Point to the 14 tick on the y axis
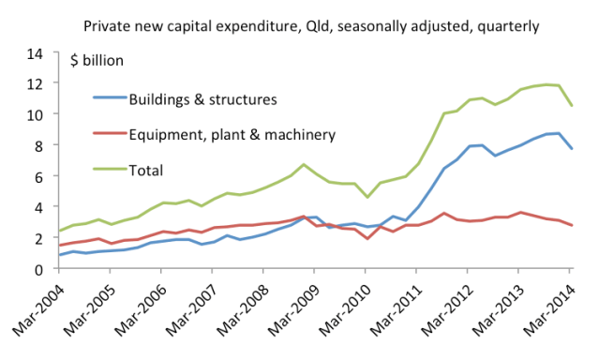(37, 53)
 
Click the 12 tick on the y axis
(37, 84)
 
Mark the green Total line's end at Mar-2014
(572, 106)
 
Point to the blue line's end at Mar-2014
(572, 149)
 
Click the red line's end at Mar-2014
(572, 225)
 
